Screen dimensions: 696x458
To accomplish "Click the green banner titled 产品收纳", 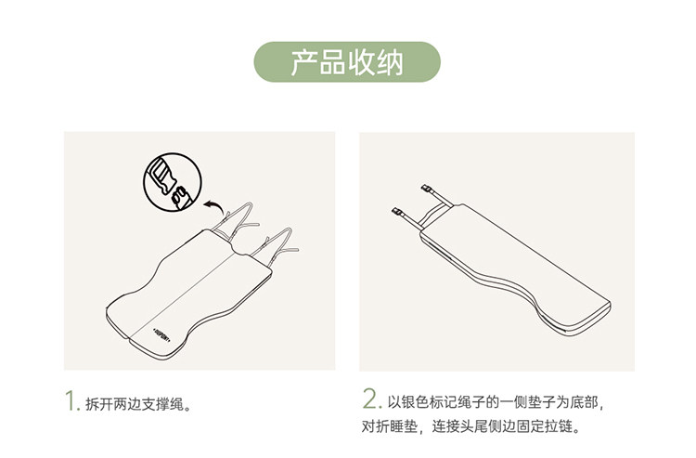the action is click(x=347, y=61).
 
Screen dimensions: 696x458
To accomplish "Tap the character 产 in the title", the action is click(x=304, y=62).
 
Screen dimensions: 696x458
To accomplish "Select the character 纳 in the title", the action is click(x=389, y=62).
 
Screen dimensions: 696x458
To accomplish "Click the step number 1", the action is click(x=71, y=401).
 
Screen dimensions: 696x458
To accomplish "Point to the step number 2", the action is click(x=371, y=399).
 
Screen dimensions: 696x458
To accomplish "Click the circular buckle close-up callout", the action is click(x=173, y=182).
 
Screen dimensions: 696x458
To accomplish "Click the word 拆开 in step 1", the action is click(x=99, y=405).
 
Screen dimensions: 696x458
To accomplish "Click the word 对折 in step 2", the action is click(x=375, y=427).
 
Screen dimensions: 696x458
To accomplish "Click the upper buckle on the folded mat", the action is click(x=428, y=190).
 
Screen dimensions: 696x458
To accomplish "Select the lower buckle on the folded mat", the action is click(x=399, y=213).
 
